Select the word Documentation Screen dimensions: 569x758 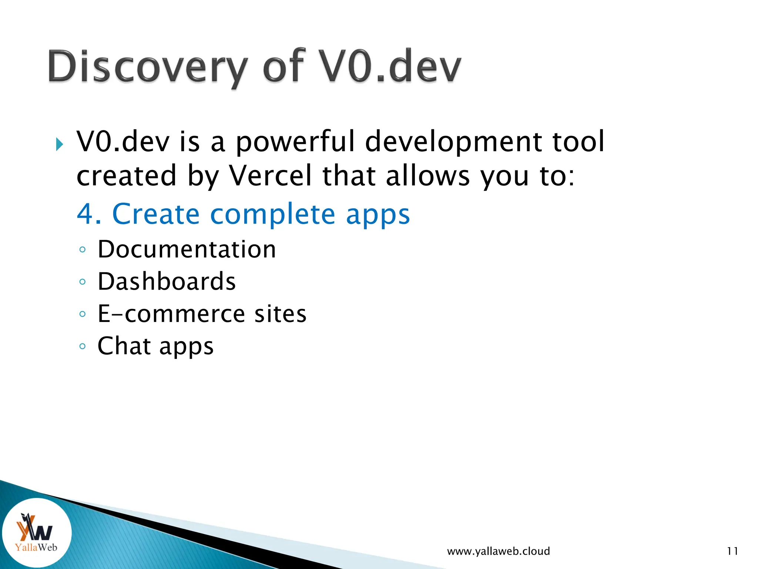click(x=187, y=249)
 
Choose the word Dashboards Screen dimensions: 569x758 click(x=167, y=282)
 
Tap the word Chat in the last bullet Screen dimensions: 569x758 click(x=124, y=346)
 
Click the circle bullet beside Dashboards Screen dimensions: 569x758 click(x=83, y=282)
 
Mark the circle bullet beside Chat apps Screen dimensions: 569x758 click(x=83, y=346)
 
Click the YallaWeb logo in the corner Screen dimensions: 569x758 click(x=36, y=533)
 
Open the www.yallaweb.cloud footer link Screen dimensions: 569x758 click(x=498, y=551)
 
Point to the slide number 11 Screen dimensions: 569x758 click(x=732, y=551)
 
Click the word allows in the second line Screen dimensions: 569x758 click(x=427, y=176)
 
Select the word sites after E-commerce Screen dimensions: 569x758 click(x=280, y=314)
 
